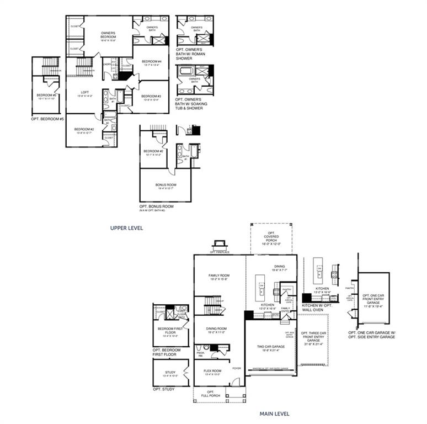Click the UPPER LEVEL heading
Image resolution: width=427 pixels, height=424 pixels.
127,227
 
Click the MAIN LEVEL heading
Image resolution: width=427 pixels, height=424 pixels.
274,413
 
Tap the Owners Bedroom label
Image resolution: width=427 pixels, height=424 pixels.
108,36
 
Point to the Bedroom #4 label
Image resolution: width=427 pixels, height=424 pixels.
151,62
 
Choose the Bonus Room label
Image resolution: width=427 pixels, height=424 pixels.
165,185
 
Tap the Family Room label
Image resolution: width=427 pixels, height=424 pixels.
218,277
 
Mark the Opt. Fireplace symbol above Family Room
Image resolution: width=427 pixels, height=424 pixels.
218,245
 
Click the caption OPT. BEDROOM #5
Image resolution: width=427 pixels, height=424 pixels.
47,119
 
